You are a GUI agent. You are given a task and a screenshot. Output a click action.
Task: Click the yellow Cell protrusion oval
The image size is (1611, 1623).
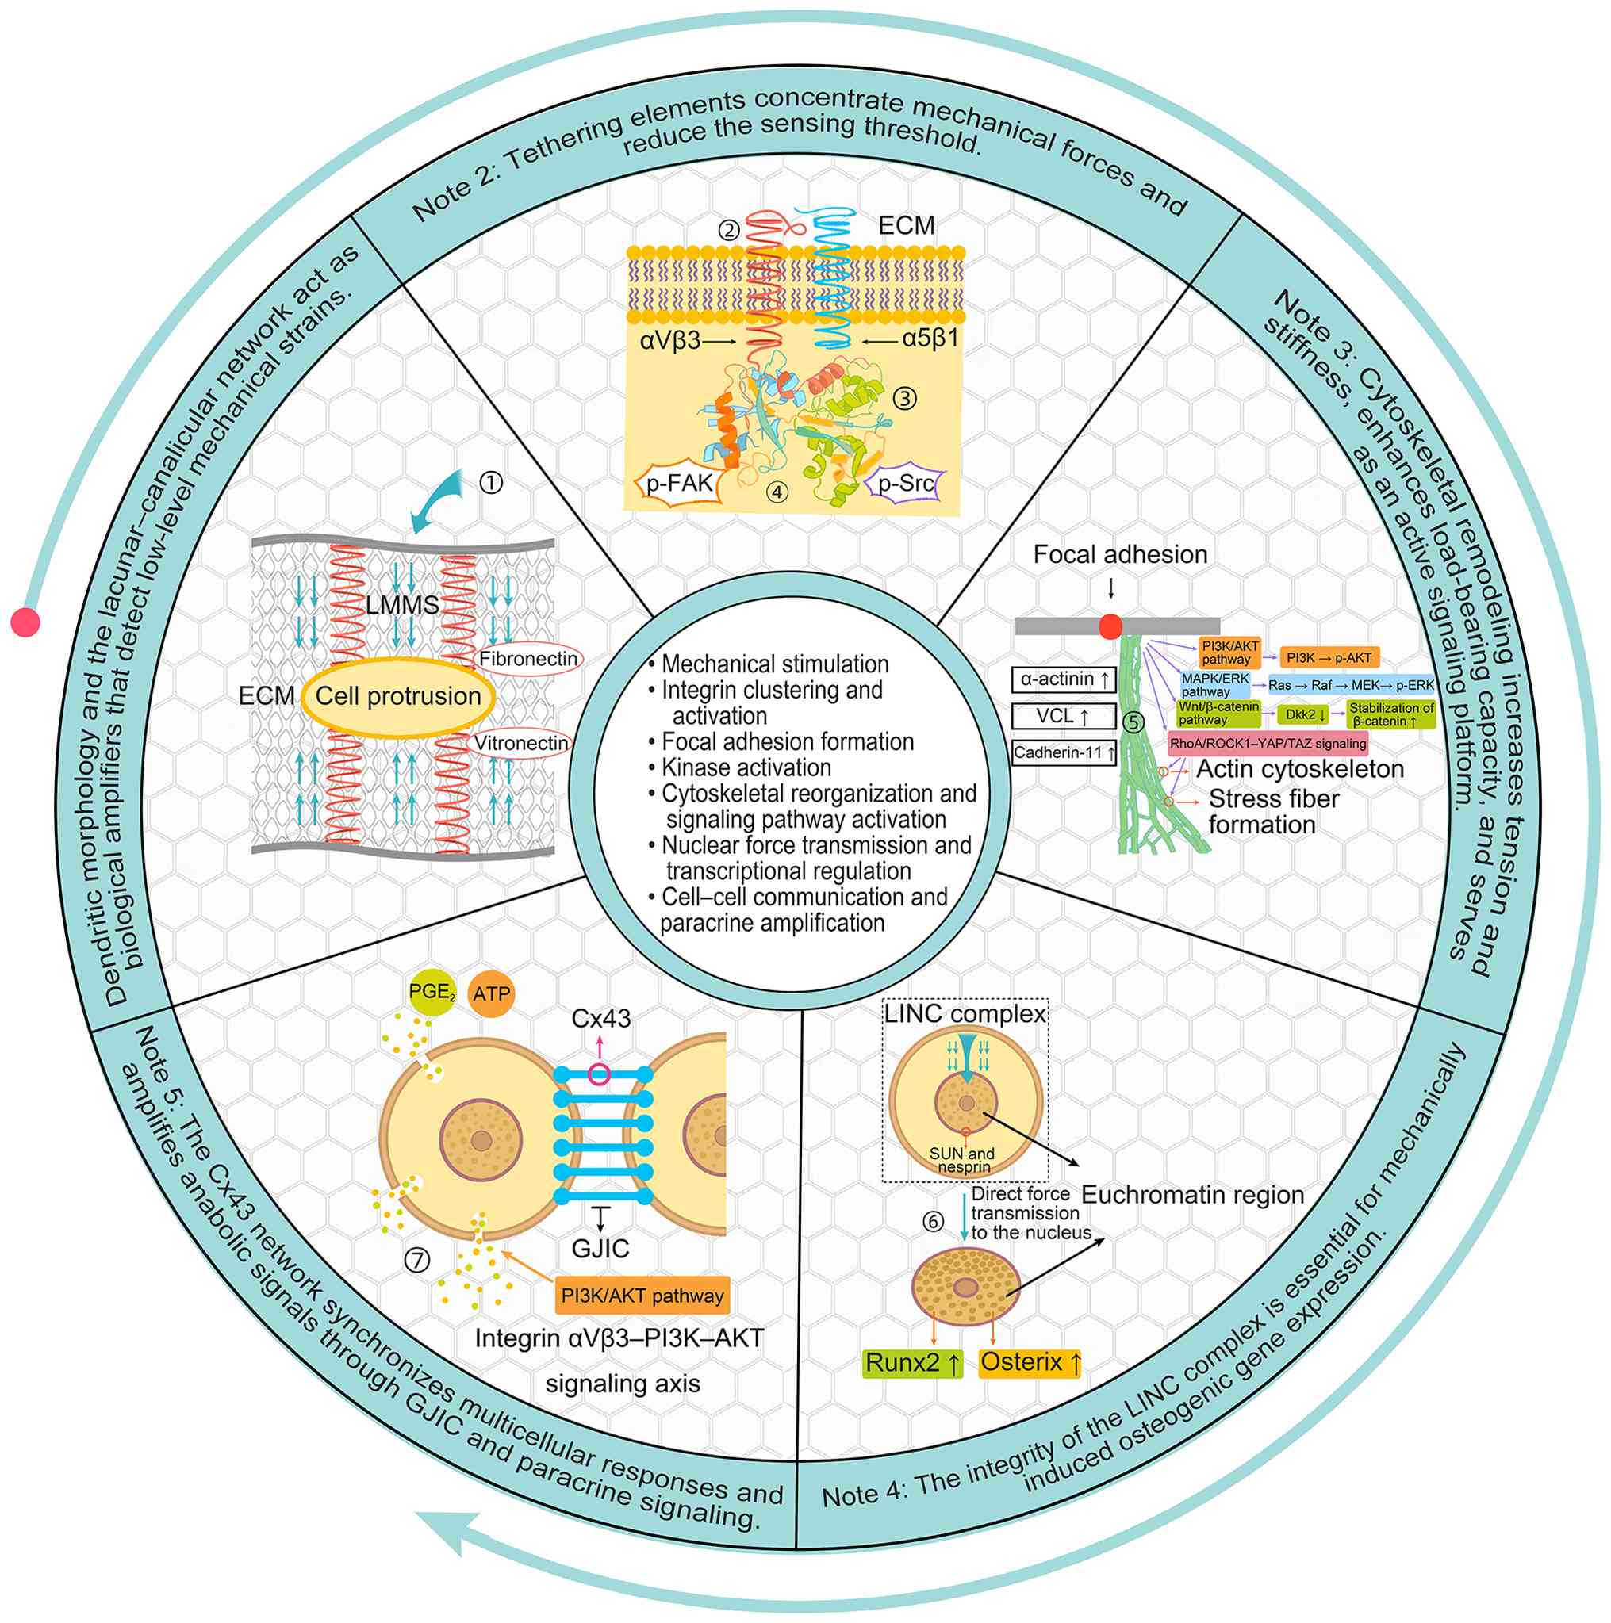click(x=397, y=696)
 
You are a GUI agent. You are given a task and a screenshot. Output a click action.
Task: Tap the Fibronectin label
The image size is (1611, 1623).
click(x=527, y=659)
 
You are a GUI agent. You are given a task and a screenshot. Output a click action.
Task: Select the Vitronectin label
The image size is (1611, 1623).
click(x=521, y=744)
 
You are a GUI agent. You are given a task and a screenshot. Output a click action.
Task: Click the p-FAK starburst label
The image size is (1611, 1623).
click(x=678, y=484)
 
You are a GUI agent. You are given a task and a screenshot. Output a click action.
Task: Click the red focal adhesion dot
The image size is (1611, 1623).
click(x=1110, y=626)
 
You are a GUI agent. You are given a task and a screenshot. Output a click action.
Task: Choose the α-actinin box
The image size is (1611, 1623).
click(x=1064, y=679)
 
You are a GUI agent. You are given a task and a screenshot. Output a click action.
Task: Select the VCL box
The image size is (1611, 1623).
click(x=1064, y=717)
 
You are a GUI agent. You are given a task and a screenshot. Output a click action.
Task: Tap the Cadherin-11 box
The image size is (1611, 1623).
click(x=1064, y=752)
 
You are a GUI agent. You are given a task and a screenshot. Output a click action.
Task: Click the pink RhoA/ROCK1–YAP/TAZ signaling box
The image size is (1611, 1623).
click(x=1268, y=744)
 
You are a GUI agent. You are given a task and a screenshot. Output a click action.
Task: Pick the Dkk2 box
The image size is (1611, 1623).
click(x=1306, y=715)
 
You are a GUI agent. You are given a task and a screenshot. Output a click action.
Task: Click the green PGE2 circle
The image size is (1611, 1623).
click(x=432, y=993)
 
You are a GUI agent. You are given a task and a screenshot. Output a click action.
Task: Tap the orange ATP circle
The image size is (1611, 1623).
click(x=491, y=994)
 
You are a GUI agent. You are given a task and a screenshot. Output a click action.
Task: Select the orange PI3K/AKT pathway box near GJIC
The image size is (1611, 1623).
click(x=642, y=1296)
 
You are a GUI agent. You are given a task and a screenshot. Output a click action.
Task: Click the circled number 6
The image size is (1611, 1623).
click(x=934, y=1223)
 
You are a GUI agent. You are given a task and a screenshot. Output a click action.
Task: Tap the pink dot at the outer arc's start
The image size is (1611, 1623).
click(x=25, y=622)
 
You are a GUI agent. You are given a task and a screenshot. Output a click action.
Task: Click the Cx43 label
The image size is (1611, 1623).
click(x=601, y=1019)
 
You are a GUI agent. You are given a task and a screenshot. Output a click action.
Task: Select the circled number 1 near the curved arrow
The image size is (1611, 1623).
click(x=491, y=482)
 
